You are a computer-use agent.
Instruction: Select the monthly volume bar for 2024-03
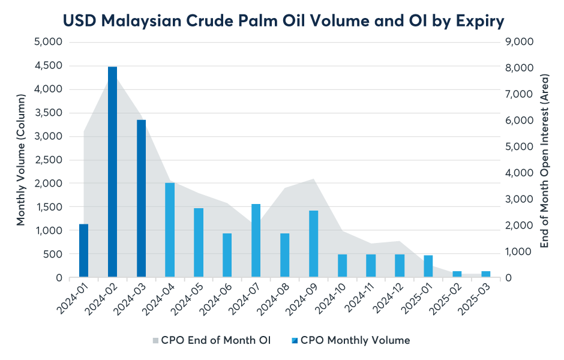141,199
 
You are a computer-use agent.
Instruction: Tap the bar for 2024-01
84,251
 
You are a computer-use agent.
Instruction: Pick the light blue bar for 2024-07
256,241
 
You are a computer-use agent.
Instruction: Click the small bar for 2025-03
485,274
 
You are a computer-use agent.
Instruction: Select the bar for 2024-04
170,230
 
